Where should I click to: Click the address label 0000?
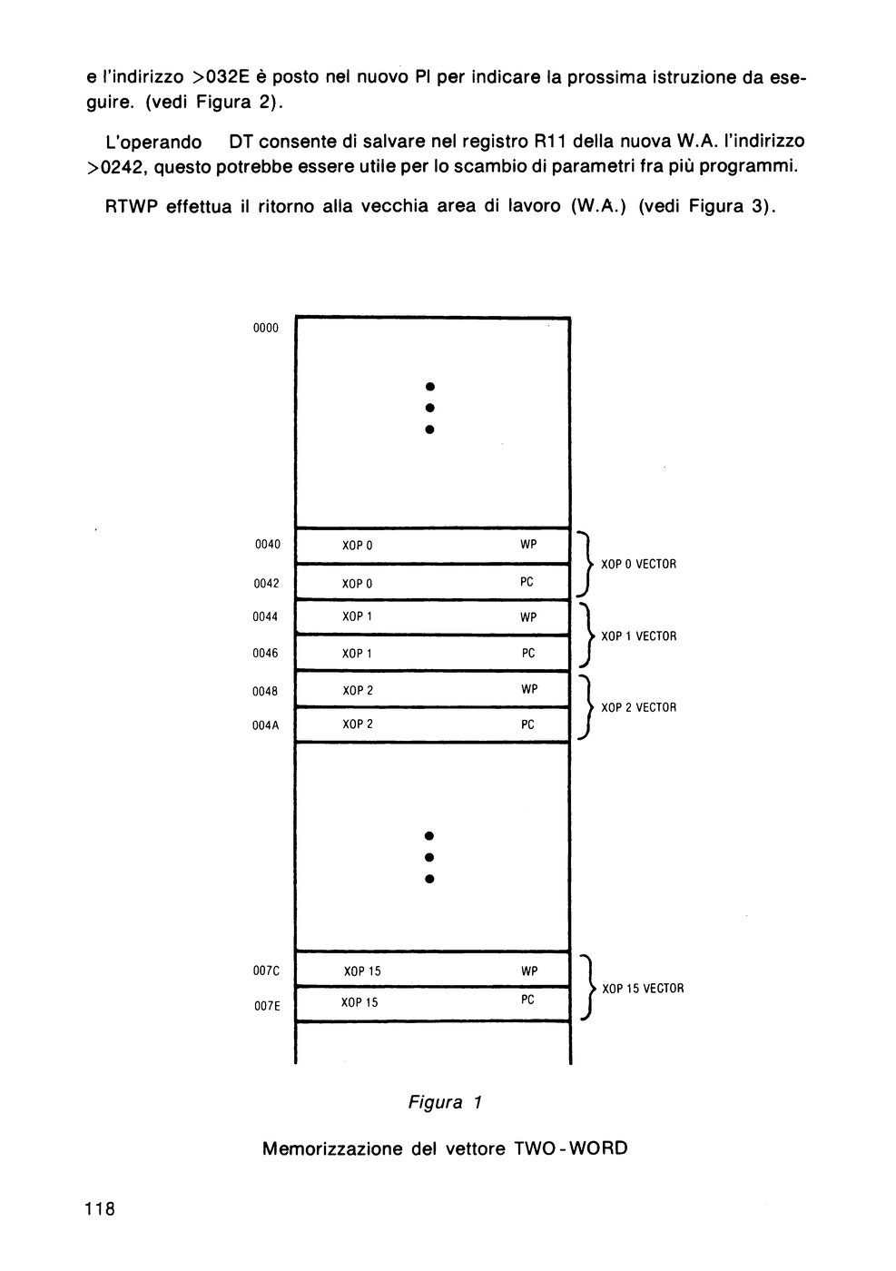[x=266, y=328]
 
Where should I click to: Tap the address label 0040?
[x=267, y=545]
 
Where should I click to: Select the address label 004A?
[x=266, y=725]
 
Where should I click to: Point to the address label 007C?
[x=266, y=970]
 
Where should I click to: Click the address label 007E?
[x=267, y=1006]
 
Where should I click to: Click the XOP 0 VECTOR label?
[x=639, y=564]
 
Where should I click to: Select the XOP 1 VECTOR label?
[x=639, y=636]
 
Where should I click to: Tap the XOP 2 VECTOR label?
[x=639, y=707]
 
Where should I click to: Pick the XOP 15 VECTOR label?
[x=643, y=989]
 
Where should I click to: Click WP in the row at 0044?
[x=528, y=617]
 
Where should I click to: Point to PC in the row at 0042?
[x=527, y=582]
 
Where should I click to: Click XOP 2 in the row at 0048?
[x=358, y=691]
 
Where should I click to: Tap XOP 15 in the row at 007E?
[x=359, y=1002]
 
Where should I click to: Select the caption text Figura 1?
[x=445, y=1102]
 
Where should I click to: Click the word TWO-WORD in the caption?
[x=571, y=1148]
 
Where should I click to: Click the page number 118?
[x=100, y=1209]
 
